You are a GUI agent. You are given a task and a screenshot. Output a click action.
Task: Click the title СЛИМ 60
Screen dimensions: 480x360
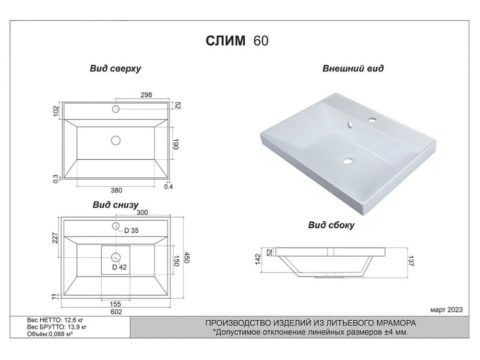[x=237, y=40]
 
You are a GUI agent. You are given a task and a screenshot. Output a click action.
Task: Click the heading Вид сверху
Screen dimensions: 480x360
[x=115, y=68]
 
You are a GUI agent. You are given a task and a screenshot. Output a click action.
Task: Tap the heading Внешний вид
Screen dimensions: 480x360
[x=353, y=68]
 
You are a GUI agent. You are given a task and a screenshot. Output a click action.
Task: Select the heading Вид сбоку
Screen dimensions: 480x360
[x=331, y=225]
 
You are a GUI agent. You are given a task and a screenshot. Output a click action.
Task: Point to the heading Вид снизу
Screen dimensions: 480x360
[x=115, y=204]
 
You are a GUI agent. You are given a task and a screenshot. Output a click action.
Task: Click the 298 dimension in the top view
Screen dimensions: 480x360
[x=146, y=95]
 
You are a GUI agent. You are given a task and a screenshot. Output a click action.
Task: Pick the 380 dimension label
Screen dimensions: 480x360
[x=116, y=191]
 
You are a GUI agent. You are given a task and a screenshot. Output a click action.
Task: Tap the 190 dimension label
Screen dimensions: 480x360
[x=176, y=144]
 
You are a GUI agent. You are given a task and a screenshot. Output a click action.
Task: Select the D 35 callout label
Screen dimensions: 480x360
[x=132, y=230]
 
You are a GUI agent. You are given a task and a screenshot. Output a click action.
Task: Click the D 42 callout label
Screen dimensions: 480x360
[x=120, y=267]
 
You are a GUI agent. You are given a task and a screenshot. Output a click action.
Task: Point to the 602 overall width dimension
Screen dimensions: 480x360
[x=116, y=312]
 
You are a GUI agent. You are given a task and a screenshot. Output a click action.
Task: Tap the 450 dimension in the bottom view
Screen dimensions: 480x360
[x=187, y=258]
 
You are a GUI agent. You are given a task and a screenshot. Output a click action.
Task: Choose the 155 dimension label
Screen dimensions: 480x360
[x=115, y=304]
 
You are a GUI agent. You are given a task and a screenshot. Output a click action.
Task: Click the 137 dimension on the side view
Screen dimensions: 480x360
[x=411, y=261]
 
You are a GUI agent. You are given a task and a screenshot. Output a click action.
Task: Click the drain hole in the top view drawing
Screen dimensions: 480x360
[x=116, y=141]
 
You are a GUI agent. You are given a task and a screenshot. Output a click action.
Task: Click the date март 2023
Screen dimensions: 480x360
[x=446, y=310]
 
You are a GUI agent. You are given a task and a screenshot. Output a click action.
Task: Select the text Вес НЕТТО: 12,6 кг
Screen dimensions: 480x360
[x=55, y=320]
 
